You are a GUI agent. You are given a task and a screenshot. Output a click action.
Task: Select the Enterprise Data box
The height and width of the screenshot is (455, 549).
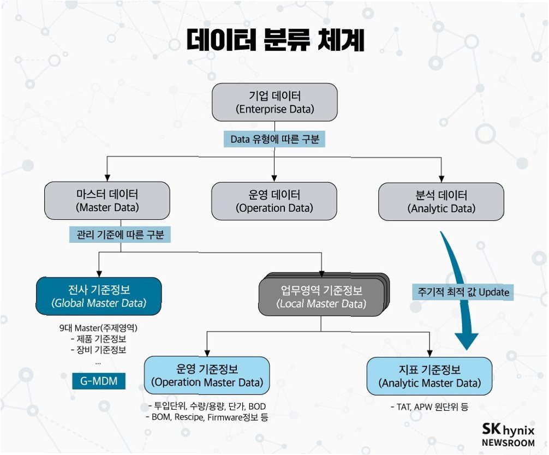[x=274, y=102]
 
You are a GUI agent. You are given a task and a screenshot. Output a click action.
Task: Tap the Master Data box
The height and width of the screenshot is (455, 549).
[x=107, y=201]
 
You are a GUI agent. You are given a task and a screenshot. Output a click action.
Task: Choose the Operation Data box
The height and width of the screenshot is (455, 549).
[x=274, y=201]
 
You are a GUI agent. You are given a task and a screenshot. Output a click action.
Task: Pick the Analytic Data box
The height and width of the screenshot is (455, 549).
[x=441, y=201]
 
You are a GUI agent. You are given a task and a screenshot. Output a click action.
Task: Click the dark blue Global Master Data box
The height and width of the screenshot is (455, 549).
[x=99, y=296]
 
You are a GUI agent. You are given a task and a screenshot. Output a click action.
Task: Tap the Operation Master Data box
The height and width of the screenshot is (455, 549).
[x=207, y=375]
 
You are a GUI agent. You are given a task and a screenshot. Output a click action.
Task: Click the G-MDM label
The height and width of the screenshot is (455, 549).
[x=99, y=380]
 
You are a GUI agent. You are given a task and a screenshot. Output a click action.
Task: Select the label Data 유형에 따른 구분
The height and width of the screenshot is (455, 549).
[x=274, y=140]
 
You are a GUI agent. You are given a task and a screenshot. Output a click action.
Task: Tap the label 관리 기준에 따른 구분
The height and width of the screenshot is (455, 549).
[x=121, y=235]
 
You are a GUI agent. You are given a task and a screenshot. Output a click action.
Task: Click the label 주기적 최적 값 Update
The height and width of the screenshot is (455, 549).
[x=462, y=292]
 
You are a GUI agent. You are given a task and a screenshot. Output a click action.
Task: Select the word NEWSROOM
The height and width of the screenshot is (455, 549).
[x=508, y=442]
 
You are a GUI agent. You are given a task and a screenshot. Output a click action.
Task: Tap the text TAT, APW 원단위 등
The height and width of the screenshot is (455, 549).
[x=429, y=406]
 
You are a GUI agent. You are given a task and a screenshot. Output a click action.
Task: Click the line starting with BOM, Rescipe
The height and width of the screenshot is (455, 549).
[x=208, y=417]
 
